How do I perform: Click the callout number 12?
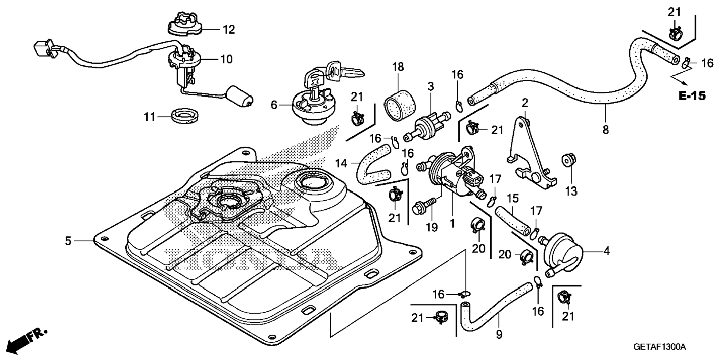[229, 29]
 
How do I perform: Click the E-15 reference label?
[692, 96]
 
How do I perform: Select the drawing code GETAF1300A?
[659, 347]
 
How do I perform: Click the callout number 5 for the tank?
[68, 241]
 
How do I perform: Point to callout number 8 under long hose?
[605, 130]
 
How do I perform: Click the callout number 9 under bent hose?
[499, 334]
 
